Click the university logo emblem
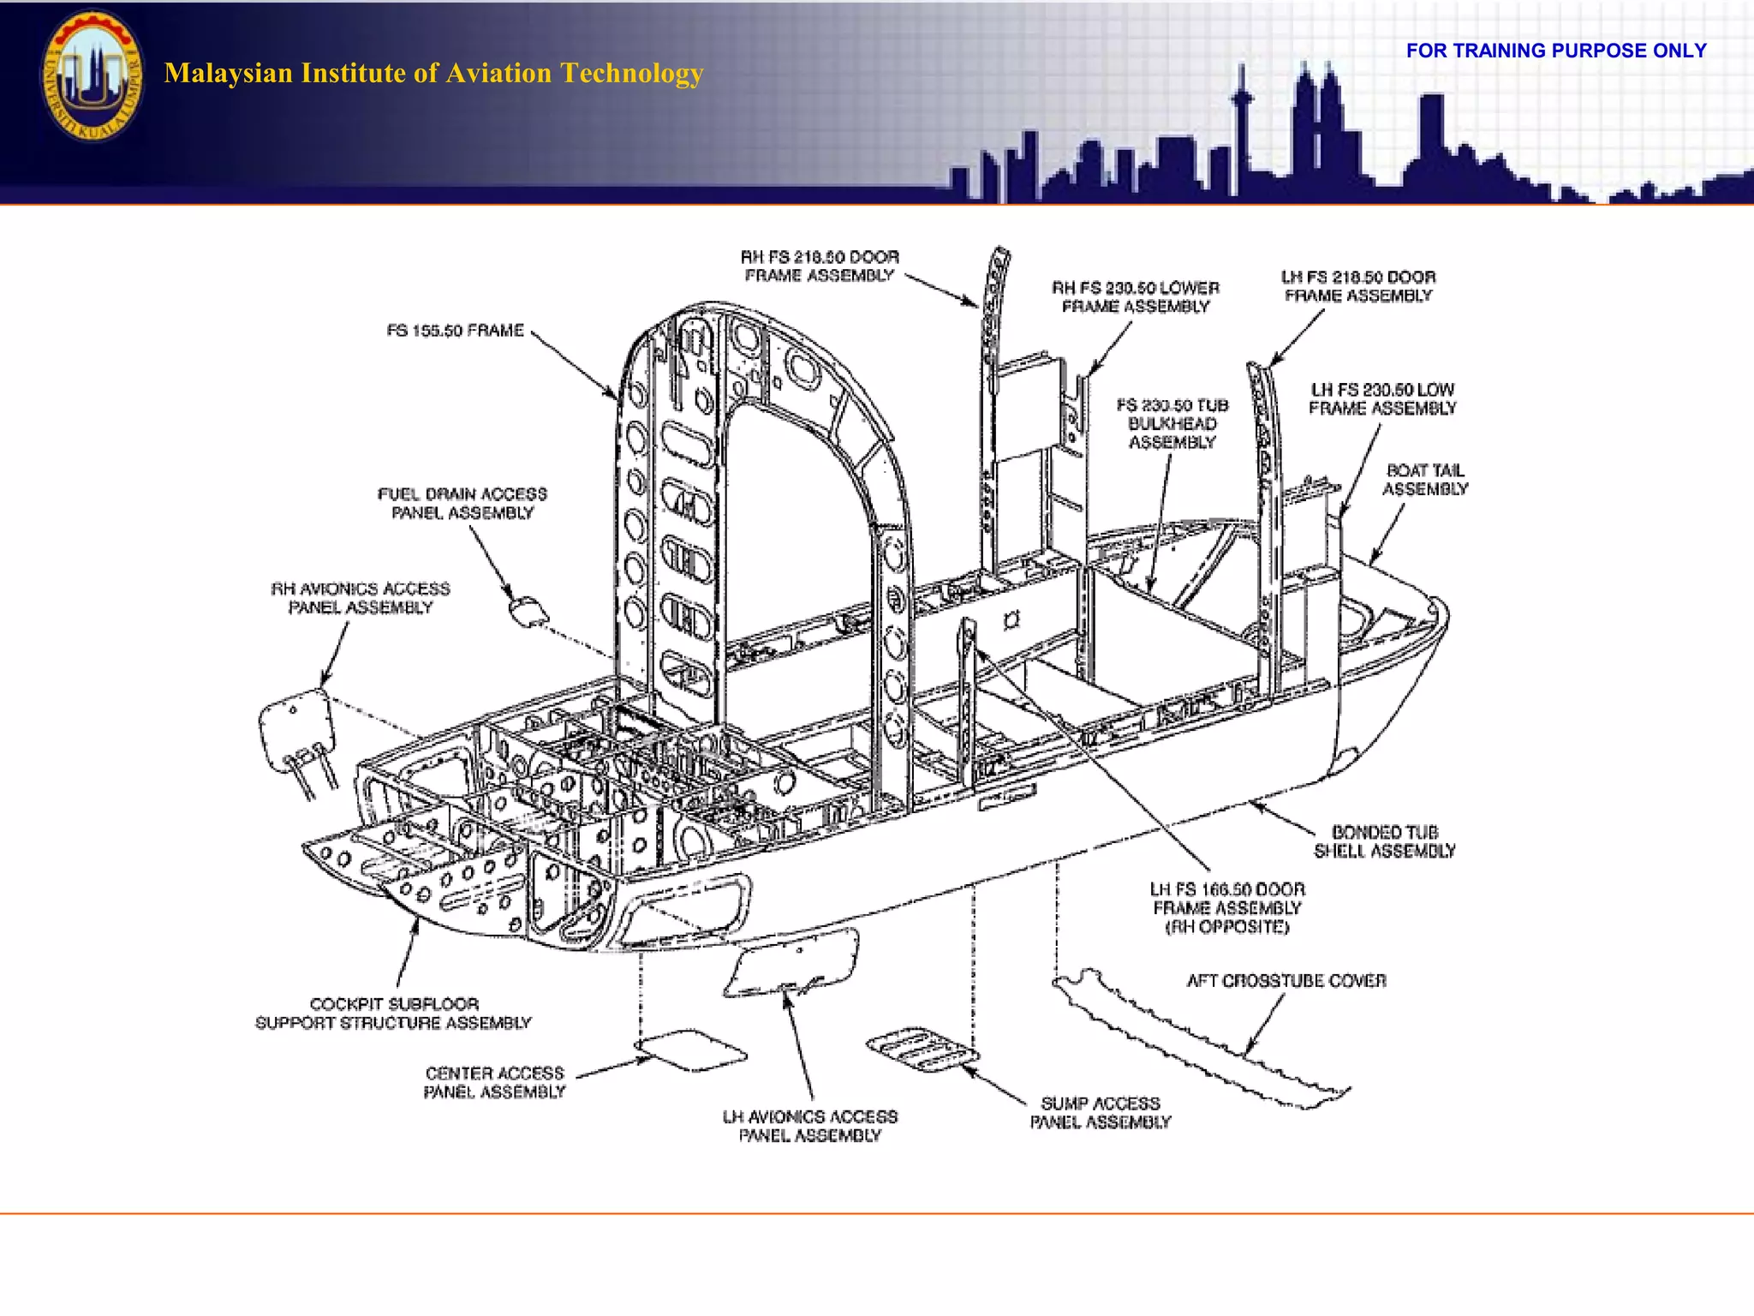coord(92,75)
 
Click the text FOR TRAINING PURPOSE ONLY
coord(1555,51)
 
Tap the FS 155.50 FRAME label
coord(455,331)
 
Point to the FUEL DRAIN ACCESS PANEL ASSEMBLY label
coord(462,504)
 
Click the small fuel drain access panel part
coord(528,611)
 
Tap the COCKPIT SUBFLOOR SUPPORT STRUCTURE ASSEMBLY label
coord(393,1014)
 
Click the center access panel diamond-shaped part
coord(690,1050)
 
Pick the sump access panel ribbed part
coord(922,1050)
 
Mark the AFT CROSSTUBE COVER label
coord(1286,981)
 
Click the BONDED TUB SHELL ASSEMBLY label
coord(1384,841)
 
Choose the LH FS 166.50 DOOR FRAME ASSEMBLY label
coord(1226,908)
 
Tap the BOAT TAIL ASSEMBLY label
coord(1424,480)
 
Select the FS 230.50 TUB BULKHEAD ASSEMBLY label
coord(1172,423)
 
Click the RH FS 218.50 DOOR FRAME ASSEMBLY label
coord(820,266)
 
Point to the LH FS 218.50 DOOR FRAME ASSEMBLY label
coord(1358,286)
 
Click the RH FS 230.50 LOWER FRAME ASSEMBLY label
coord(1135,297)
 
